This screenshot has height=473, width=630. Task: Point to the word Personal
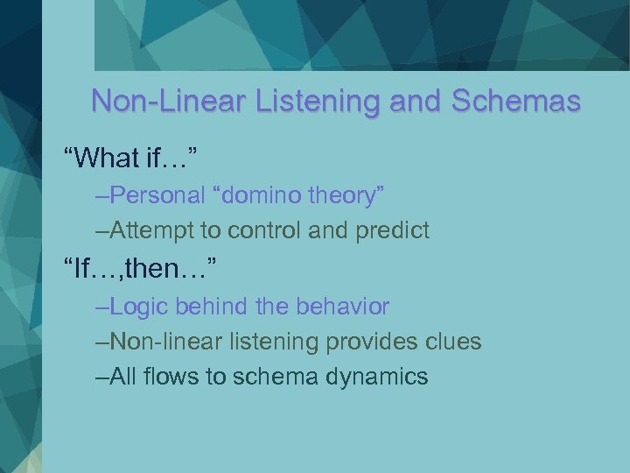[155, 196]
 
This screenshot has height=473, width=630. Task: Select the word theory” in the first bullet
[349, 196]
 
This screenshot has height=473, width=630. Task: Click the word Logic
[142, 307]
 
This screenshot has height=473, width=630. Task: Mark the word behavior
[341, 307]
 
